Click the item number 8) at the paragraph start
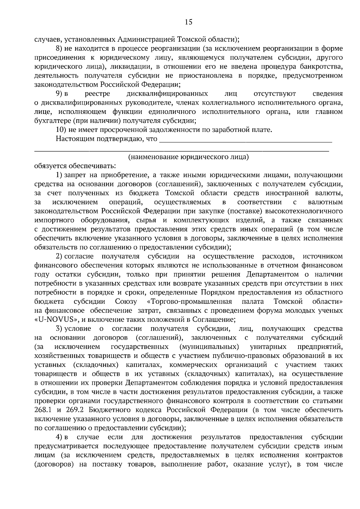(59, 48)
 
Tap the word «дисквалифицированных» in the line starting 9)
(167, 94)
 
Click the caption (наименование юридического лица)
(188, 157)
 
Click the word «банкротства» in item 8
(323, 66)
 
